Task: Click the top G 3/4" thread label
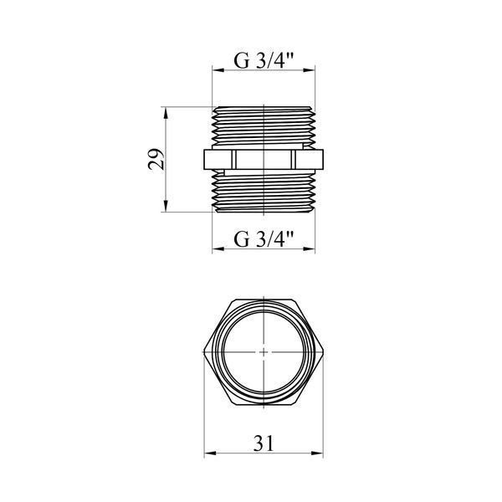[x=264, y=60]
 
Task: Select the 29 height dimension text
[x=156, y=159]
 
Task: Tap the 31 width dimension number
[x=264, y=443]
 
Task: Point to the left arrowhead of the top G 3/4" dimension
[x=218, y=70]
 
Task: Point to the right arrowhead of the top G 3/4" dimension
[x=310, y=70]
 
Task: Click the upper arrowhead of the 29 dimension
[x=166, y=113]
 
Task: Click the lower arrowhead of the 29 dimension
[x=166, y=206]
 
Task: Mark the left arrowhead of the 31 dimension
[x=210, y=453]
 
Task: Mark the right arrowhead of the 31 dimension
[x=318, y=453]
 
